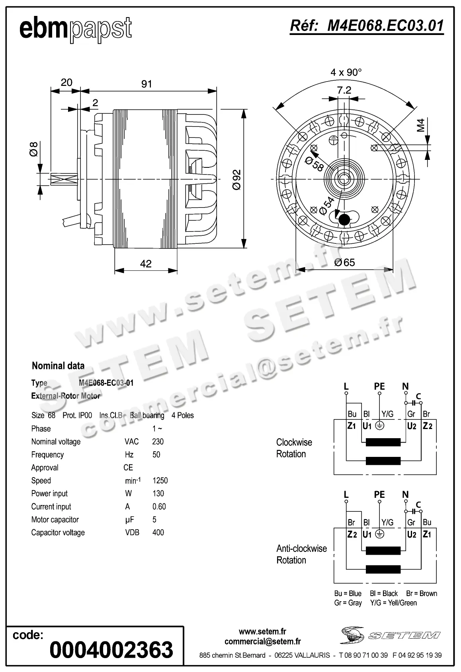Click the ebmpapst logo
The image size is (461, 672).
pyautogui.click(x=75, y=29)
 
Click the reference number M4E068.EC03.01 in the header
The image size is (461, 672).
pyautogui.click(x=367, y=26)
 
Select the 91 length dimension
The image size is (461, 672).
pyautogui.click(x=147, y=84)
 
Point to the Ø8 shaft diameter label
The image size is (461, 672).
pyautogui.click(x=34, y=149)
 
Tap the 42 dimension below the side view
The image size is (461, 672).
pyautogui.click(x=146, y=264)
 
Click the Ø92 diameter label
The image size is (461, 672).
pyautogui.click(x=236, y=180)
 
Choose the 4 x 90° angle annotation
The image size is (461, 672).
pyautogui.click(x=346, y=72)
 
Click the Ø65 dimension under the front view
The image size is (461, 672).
pyautogui.click(x=344, y=262)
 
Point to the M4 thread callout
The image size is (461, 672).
pyautogui.click(x=421, y=125)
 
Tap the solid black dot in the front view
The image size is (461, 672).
pyautogui.click(x=344, y=219)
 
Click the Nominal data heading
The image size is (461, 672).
pyautogui.click(x=58, y=366)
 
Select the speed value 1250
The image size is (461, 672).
pyautogui.click(x=160, y=480)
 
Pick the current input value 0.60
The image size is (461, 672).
pyautogui.click(x=159, y=507)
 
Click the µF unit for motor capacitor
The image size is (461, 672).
pyautogui.click(x=129, y=520)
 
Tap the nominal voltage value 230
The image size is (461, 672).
pyautogui.click(x=158, y=442)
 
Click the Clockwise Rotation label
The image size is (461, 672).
pyautogui.click(x=294, y=448)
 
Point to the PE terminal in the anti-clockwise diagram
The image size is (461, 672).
pyautogui.click(x=379, y=494)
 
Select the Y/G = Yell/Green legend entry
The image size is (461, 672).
pyautogui.click(x=393, y=603)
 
